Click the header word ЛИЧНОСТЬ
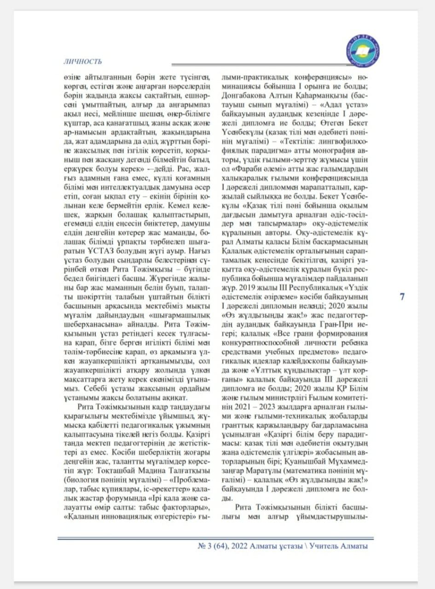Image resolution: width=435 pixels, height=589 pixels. click(82, 62)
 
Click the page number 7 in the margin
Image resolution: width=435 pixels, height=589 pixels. click(402, 297)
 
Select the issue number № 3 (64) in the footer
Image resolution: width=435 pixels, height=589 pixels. click(214, 546)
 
